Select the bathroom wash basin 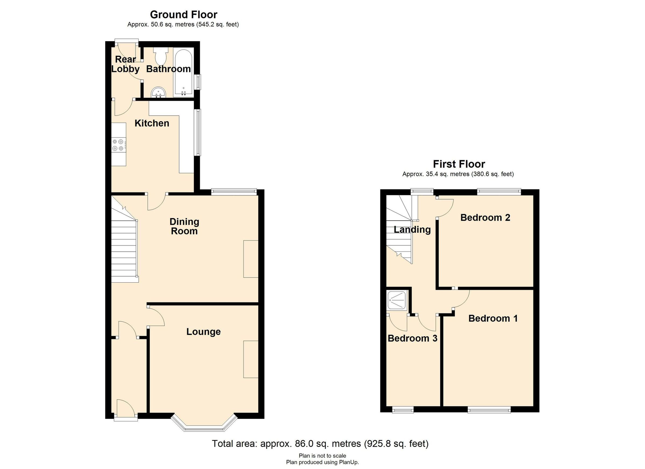click(158, 93)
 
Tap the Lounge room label click(203, 332)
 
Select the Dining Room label click(184, 226)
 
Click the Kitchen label click(152, 123)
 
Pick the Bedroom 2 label click(485, 218)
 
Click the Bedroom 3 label click(412, 338)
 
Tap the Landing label click(412, 230)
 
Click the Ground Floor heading click(184, 15)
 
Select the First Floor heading click(459, 164)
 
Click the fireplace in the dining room click(250, 259)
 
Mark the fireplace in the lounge click(250, 359)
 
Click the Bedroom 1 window click(489, 410)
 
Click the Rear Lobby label click(125, 64)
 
